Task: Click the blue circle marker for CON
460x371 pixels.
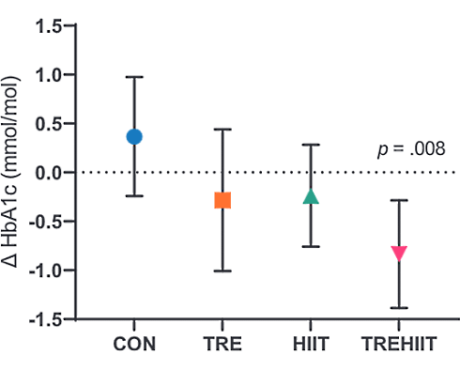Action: click(x=134, y=136)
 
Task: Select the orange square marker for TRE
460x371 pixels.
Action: click(x=222, y=200)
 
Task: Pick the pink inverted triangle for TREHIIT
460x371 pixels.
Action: click(x=399, y=253)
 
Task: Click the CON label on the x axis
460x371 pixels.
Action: click(x=134, y=345)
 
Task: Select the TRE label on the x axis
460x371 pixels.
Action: click(x=222, y=345)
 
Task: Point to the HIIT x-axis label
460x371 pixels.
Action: click(x=311, y=345)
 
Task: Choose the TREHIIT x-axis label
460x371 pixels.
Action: click(x=399, y=345)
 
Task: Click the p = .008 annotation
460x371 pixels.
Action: click(x=405, y=147)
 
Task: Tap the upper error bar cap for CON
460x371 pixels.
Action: click(x=134, y=77)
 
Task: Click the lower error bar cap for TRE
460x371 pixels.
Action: click(x=222, y=271)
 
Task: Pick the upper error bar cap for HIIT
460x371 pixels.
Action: click(x=311, y=145)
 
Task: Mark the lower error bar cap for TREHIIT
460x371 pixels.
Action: click(x=399, y=307)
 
